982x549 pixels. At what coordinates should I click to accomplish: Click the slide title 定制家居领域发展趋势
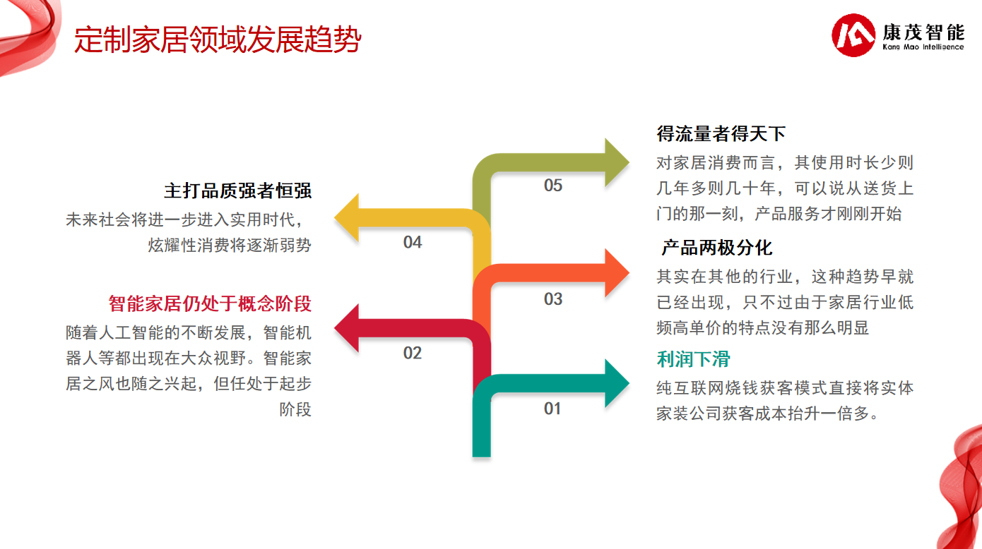tap(218, 40)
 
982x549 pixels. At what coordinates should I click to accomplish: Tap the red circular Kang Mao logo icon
tap(853, 35)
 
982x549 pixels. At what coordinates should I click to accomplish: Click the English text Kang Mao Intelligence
tap(923, 47)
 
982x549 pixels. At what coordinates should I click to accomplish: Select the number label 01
tap(552, 409)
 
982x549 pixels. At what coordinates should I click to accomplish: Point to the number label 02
tap(413, 353)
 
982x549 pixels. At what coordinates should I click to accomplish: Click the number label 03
tap(552, 299)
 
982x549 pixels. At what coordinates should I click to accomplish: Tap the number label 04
tap(413, 242)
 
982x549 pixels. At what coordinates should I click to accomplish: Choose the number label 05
tap(552, 185)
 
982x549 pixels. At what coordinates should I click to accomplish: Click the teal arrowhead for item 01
tap(617, 383)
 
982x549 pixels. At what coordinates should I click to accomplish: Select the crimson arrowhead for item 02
tap(347, 328)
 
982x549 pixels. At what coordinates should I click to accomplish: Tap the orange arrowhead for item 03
tap(617, 273)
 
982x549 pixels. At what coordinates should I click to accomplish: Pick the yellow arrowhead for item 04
tap(347, 217)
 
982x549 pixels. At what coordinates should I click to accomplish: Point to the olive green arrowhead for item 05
tap(617, 162)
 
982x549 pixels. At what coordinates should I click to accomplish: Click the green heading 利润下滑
tap(693, 359)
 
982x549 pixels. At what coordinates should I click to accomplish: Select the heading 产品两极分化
tap(717, 248)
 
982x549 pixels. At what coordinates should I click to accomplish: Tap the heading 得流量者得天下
tap(721, 133)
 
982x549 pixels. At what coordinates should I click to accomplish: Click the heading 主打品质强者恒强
tap(237, 191)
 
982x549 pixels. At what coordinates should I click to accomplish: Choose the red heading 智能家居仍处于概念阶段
tap(210, 303)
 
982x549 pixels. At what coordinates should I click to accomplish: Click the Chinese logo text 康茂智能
tap(923, 32)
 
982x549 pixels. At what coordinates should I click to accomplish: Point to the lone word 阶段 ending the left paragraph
tap(295, 409)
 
